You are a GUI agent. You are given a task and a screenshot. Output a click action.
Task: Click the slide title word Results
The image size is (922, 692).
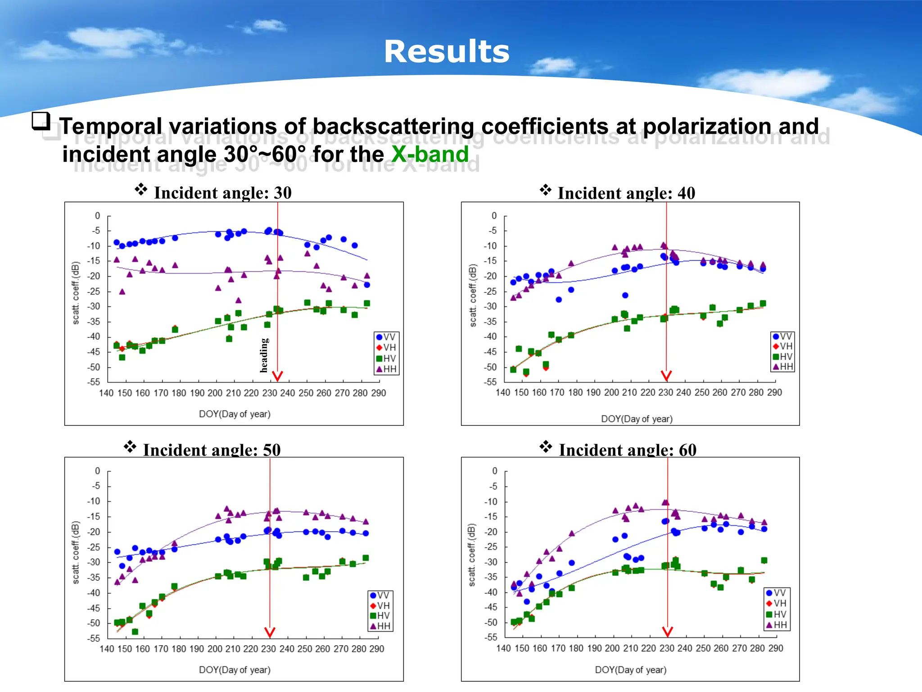[446, 51]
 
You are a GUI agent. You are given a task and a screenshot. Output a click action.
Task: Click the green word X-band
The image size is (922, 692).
[430, 154]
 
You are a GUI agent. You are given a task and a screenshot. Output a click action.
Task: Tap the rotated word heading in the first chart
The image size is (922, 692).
[264, 355]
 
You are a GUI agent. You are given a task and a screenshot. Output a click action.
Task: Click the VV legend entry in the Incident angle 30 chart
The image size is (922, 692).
[386, 337]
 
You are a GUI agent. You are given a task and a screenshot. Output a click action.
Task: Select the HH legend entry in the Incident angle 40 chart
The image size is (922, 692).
[783, 367]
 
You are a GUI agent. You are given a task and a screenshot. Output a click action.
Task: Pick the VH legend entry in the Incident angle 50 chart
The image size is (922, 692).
[380, 605]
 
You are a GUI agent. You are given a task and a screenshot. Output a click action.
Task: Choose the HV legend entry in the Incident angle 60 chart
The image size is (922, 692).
[777, 614]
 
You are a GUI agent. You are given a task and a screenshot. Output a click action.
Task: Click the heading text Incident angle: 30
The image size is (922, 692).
[222, 193]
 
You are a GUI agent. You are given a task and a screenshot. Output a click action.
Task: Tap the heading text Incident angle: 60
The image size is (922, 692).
[627, 450]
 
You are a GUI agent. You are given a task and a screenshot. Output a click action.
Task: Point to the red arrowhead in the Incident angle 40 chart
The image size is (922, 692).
[666, 376]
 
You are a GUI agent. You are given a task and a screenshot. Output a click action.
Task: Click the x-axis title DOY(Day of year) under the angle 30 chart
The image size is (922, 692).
[235, 414]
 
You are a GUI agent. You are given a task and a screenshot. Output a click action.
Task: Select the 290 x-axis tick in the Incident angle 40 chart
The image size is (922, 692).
[774, 392]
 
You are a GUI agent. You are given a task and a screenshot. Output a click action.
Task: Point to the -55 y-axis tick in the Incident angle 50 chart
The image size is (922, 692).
[94, 638]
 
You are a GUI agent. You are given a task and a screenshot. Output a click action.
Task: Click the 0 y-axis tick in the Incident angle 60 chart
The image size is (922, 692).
[494, 471]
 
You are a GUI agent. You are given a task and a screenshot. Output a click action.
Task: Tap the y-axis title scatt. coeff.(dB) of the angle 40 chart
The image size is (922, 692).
[472, 295]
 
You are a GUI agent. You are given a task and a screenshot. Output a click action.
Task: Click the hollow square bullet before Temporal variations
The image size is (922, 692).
[41, 121]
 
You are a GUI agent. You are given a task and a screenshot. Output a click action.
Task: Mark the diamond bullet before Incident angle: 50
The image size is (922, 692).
[130, 446]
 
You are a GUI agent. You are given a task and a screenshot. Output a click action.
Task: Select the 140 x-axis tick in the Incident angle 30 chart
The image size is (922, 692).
[106, 393]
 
